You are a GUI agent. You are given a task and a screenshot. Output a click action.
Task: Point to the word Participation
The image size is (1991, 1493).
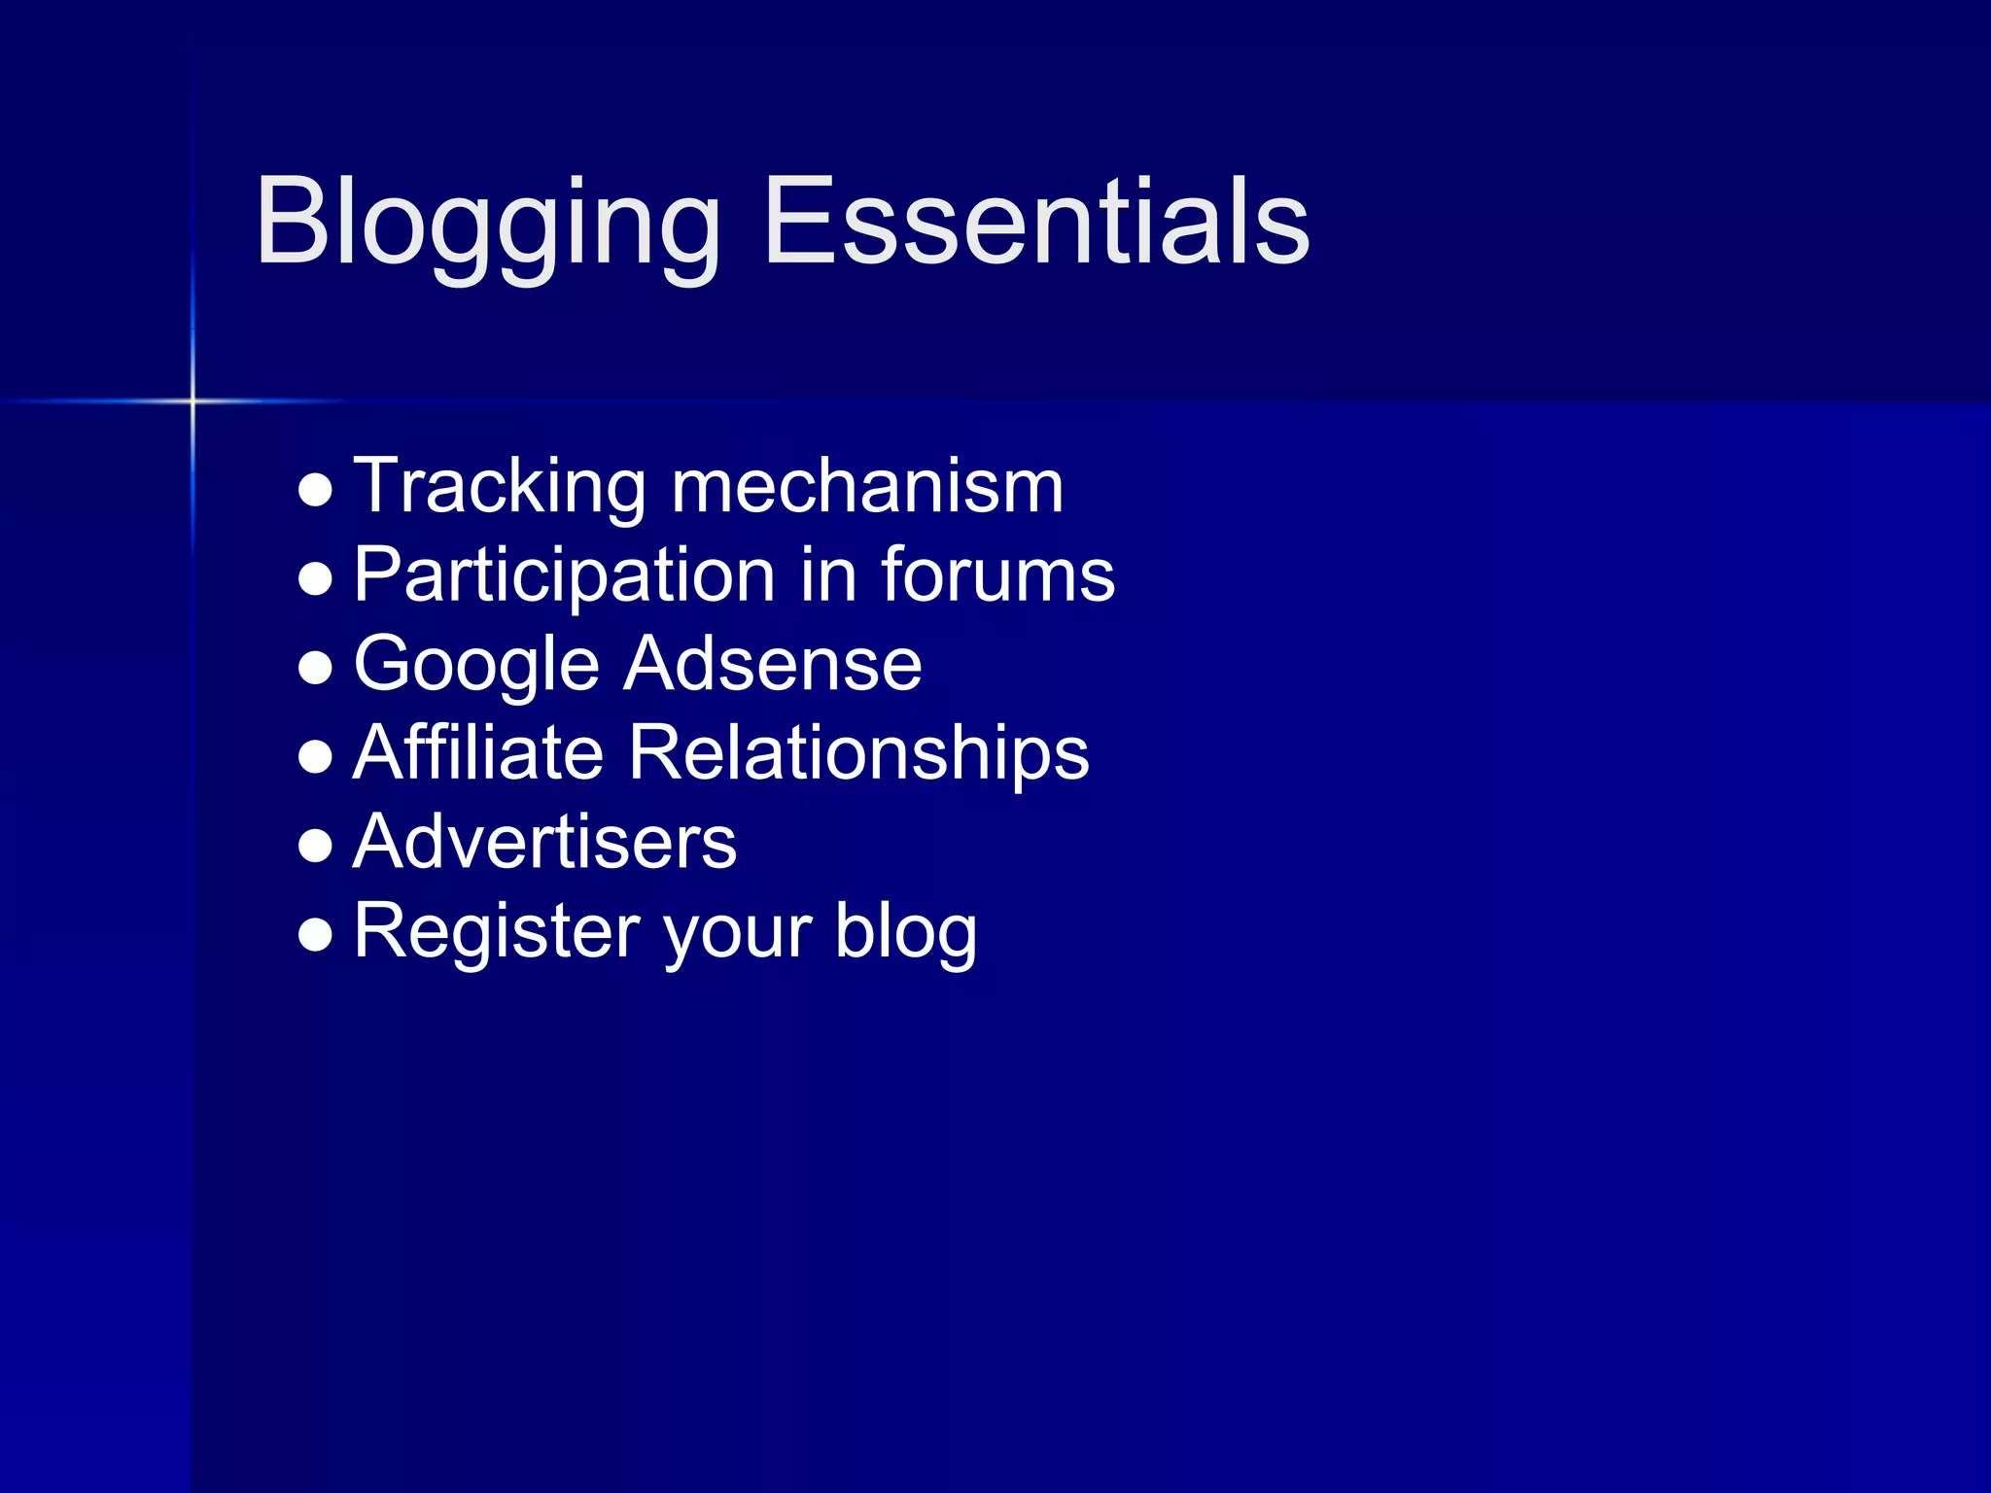[565, 577]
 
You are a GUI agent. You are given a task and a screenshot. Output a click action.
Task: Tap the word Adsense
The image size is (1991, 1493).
[773, 665]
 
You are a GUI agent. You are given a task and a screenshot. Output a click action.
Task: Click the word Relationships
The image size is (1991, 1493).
[859, 754]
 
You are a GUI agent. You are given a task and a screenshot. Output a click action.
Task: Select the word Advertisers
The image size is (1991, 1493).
[544, 842]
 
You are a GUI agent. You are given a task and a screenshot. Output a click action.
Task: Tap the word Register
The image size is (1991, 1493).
[497, 931]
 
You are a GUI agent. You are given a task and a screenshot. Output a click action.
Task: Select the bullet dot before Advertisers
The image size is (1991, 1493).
[316, 846]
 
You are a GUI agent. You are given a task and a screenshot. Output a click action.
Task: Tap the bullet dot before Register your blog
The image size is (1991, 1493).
[316, 935]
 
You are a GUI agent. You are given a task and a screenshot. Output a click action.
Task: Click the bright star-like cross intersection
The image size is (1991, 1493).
[192, 400]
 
